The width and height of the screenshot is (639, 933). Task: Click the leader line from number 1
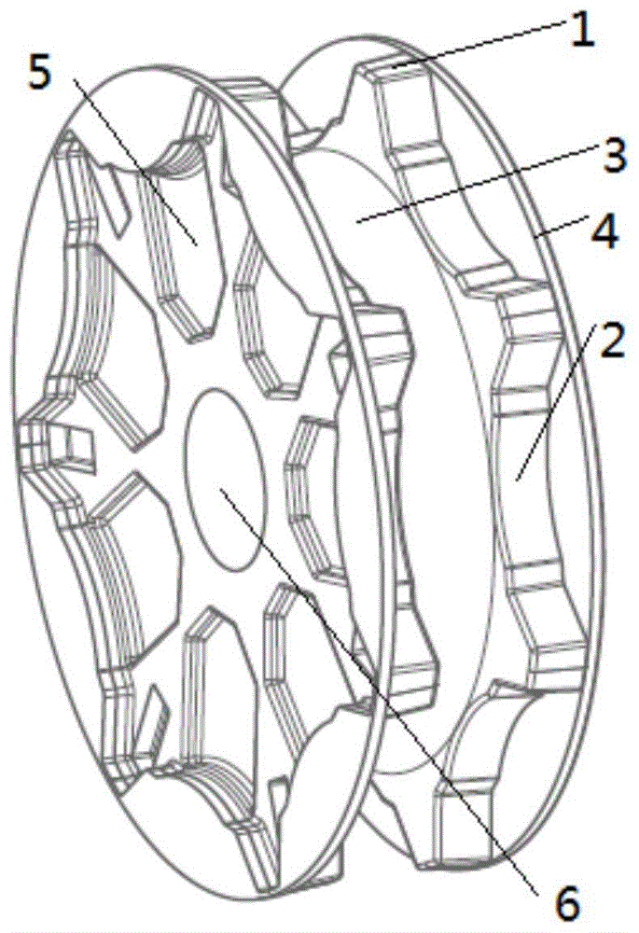point(476,48)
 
